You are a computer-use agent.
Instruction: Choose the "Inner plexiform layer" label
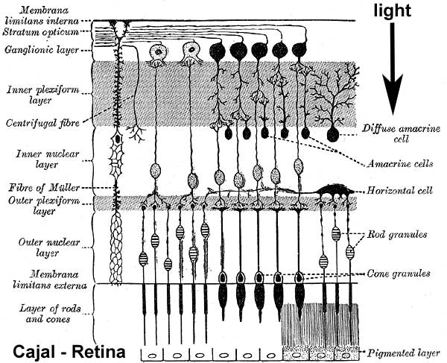click(34, 95)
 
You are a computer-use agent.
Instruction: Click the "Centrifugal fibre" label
click(37, 123)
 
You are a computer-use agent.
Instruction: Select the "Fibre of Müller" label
click(33, 188)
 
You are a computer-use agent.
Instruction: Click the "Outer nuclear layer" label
click(33, 247)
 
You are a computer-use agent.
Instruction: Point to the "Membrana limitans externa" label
click(37, 280)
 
